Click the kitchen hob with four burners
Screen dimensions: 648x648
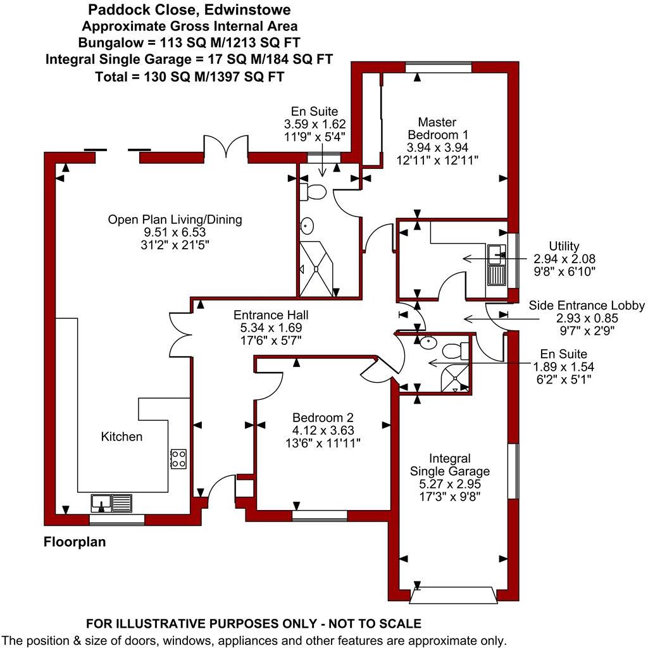click(x=178, y=459)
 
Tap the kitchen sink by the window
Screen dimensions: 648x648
click(x=111, y=503)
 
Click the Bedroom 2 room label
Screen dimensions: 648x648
click(x=323, y=418)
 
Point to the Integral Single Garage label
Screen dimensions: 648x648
click(x=449, y=465)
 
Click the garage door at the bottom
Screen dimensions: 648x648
click(x=453, y=595)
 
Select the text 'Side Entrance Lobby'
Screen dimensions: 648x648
click(x=587, y=306)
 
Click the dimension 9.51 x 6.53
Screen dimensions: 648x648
click(x=175, y=232)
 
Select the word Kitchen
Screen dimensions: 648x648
click(x=122, y=437)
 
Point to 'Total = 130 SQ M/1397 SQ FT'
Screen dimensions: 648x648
click(x=189, y=77)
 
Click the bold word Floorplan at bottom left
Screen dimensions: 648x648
click(x=75, y=542)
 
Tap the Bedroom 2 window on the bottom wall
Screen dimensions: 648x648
click(x=319, y=515)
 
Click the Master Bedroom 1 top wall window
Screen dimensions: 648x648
click(x=438, y=68)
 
